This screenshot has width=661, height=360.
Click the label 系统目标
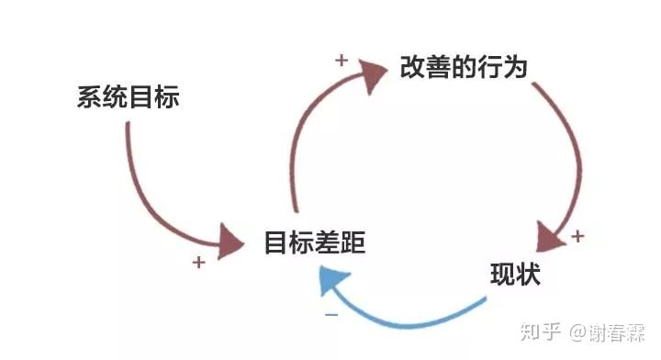[x=129, y=97]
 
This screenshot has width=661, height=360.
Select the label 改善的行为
[x=464, y=68]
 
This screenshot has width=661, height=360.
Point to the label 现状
[x=515, y=275]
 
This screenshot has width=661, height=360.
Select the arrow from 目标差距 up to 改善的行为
[x=303, y=138]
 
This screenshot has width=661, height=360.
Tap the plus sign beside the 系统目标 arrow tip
[x=198, y=263]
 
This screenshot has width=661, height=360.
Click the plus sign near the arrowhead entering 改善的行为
[x=341, y=62]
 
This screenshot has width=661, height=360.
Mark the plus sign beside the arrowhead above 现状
[x=577, y=236]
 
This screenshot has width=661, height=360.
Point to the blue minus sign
[x=331, y=315]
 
